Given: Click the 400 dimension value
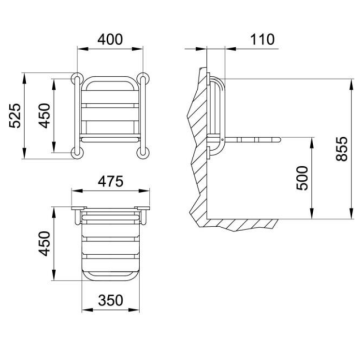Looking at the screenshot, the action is pos(110,39).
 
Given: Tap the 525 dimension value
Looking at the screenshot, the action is pos(15,116).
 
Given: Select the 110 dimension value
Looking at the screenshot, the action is pos(262,39).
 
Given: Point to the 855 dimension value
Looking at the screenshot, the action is pos(342,149).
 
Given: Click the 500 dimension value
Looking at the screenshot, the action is pos(303,178).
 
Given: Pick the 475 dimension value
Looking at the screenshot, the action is pos(111,182).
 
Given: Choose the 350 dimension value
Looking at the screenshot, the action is pos(111,300).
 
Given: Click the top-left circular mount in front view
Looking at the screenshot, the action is pos(77,78).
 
